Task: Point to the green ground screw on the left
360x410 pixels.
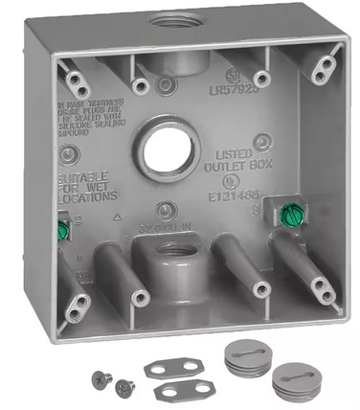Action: click(x=64, y=231)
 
